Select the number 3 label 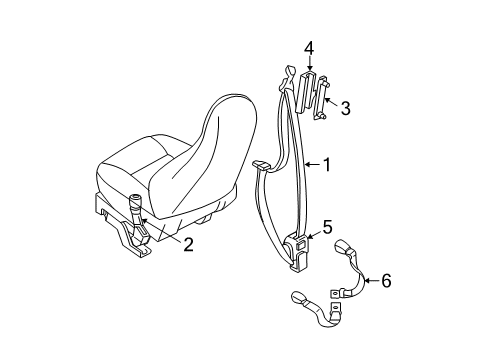(345, 107)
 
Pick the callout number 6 (386, 283)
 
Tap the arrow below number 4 (309, 65)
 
